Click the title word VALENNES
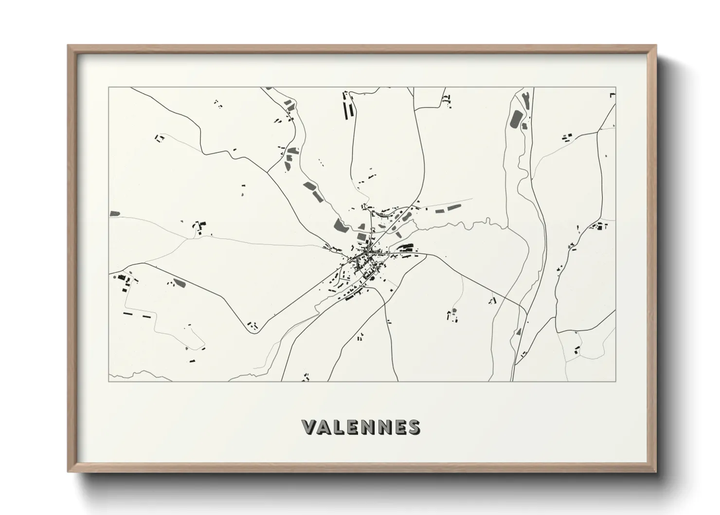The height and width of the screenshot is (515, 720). click(x=360, y=427)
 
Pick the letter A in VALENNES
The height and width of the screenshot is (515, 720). click(x=324, y=427)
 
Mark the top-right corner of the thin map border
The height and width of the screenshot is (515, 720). click(x=616, y=88)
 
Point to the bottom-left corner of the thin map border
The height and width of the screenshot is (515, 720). click(x=108, y=381)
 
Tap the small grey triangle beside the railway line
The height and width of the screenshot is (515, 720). click(x=519, y=332)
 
